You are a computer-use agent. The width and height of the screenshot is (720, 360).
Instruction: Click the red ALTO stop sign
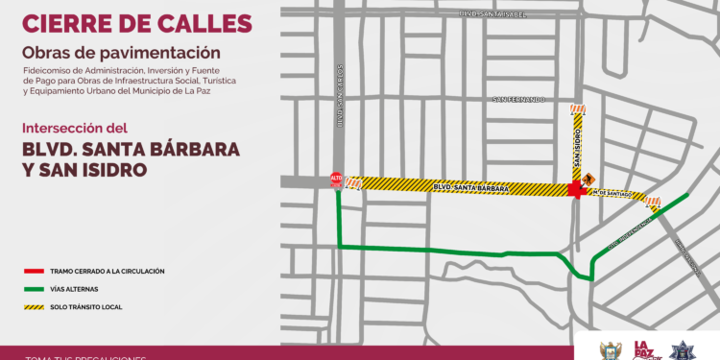(x=336, y=179)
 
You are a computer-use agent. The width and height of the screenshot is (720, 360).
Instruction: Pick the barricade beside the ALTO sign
(x=353, y=182)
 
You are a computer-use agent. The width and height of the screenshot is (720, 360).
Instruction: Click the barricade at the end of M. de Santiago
(x=653, y=203)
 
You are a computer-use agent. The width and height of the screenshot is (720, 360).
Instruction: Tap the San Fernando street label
(x=517, y=99)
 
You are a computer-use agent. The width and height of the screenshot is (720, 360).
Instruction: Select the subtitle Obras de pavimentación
(x=121, y=52)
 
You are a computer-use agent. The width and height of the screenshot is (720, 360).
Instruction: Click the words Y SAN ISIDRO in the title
(x=84, y=170)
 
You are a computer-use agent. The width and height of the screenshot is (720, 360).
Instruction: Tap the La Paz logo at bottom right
(x=644, y=350)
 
